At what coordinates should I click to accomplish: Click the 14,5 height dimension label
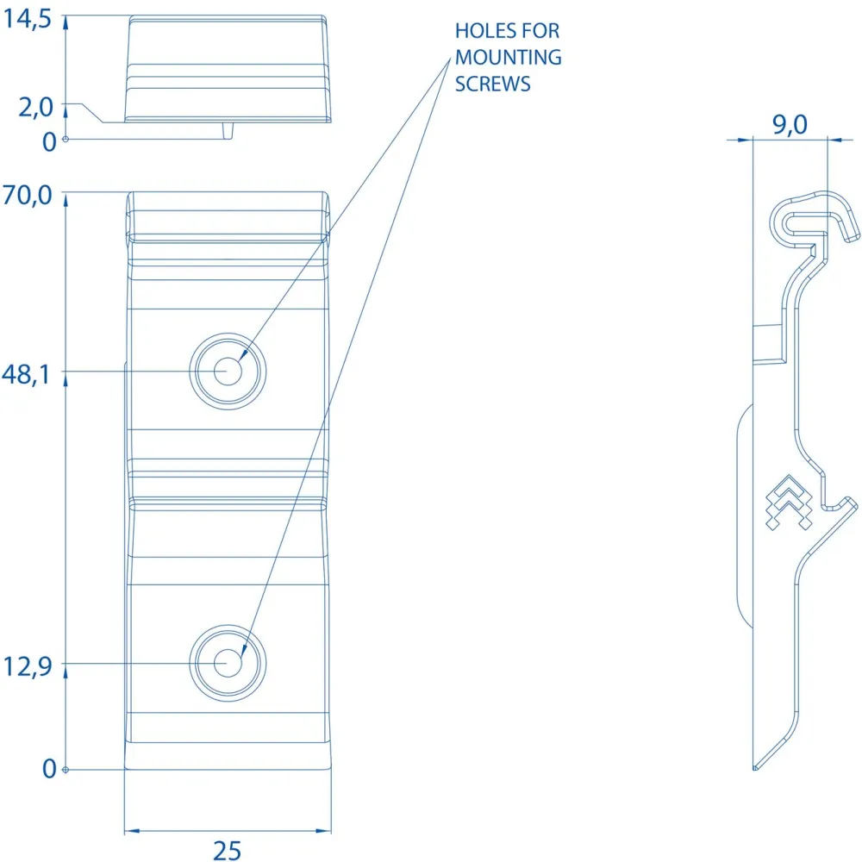[27, 19]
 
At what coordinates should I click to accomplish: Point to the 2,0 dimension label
[35, 107]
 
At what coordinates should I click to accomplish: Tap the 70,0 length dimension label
[27, 195]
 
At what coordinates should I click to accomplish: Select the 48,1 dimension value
[26, 374]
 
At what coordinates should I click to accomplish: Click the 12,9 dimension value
[28, 666]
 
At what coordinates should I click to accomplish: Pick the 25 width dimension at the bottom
[227, 850]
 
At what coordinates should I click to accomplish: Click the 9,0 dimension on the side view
[790, 125]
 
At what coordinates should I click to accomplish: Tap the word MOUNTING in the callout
[509, 57]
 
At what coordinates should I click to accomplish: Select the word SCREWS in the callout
[492, 84]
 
